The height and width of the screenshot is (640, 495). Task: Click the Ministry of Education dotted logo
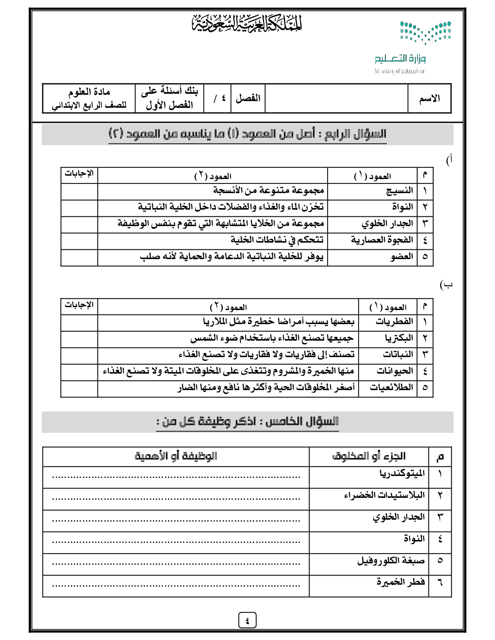[x=425, y=33]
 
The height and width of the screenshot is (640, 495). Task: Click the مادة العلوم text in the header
[x=89, y=92]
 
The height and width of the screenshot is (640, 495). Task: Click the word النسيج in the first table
[x=399, y=191]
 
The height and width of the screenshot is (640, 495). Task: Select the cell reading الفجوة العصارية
[x=382, y=240]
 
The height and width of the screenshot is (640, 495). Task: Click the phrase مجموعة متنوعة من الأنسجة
[x=268, y=191]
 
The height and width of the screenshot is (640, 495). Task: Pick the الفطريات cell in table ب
[x=394, y=322]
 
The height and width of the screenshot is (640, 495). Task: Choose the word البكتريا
[x=399, y=338]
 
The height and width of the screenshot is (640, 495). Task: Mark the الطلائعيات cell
[x=391, y=388]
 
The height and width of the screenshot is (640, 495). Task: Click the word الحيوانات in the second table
[x=395, y=371]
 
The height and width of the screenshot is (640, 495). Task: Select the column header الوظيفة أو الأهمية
[x=176, y=457]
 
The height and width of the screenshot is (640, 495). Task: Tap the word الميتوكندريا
[x=402, y=474]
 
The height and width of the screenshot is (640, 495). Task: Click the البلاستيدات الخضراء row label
[x=384, y=495]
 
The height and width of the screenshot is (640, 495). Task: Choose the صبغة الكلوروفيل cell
[x=391, y=561]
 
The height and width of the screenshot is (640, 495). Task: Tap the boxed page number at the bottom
[x=247, y=620]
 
